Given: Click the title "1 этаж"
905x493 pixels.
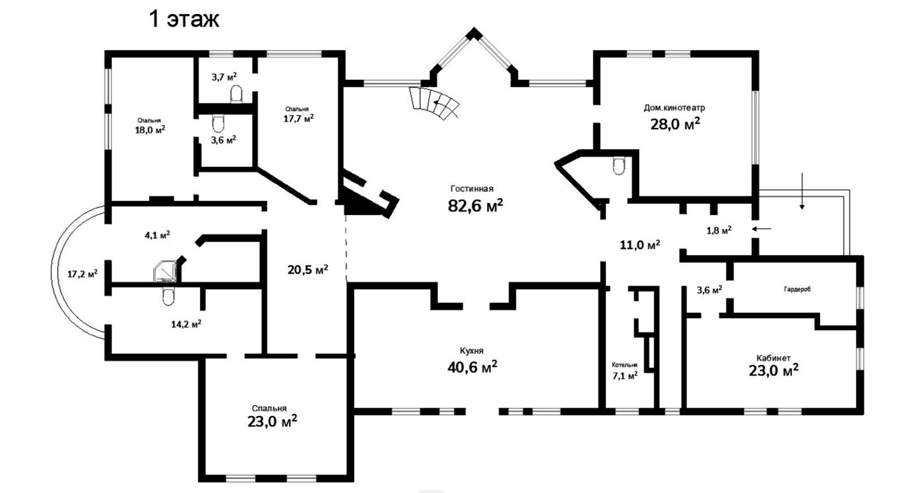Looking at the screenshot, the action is tap(184, 19).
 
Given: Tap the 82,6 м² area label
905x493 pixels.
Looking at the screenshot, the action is tap(476, 205).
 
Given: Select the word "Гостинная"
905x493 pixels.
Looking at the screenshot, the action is tap(472, 188).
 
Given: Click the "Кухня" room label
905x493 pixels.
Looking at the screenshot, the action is tap(472, 350).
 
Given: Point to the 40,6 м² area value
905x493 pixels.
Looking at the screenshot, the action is tap(472, 367).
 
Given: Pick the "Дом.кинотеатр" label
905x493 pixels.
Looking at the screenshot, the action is tap(674, 108).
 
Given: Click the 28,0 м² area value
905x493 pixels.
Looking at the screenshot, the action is tap(675, 124).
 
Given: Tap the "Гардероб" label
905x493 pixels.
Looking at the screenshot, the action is tap(798, 290).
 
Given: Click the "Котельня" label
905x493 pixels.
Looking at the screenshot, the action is tap(624, 365).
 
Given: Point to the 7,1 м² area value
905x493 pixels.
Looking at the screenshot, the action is tap(625, 376).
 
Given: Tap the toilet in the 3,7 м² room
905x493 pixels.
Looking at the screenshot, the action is tap(236, 95).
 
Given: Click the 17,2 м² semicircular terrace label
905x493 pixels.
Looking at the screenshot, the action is tap(83, 274).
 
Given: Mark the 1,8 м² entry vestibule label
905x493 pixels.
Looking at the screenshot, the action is tap(719, 230).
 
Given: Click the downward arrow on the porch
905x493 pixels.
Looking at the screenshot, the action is tap(803, 191).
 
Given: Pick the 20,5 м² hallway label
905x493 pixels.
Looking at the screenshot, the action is tap(308, 269).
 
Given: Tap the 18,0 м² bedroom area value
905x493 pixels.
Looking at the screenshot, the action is tap(150, 130).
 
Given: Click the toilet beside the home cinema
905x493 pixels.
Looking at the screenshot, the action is tap(619, 166).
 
